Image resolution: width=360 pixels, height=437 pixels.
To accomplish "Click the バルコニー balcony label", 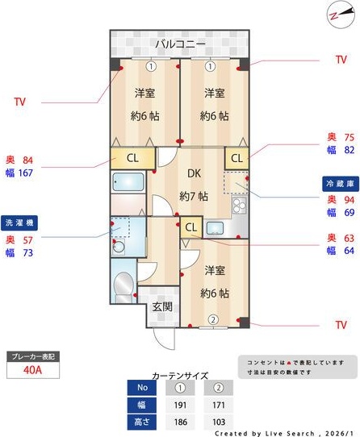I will (x=181, y=43).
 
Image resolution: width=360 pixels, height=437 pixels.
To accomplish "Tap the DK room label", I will (x=195, y=173).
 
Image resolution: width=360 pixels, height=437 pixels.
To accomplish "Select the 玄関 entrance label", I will (x=161, y=306).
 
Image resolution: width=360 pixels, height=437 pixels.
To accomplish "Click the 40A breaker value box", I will (x=31, y=370).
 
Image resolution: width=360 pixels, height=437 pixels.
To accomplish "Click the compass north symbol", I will (x=337, y=15).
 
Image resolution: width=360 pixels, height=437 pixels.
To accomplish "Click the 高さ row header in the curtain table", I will (x=142, y=422).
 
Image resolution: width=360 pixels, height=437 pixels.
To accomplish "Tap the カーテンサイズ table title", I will (x=180, y=375).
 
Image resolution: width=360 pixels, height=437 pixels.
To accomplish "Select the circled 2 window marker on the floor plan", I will (x=213, y=320).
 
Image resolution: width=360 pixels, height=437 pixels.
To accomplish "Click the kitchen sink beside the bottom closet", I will (x=215, y=227).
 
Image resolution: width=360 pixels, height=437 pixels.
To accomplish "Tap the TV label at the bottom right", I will (x=340, y=325).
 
